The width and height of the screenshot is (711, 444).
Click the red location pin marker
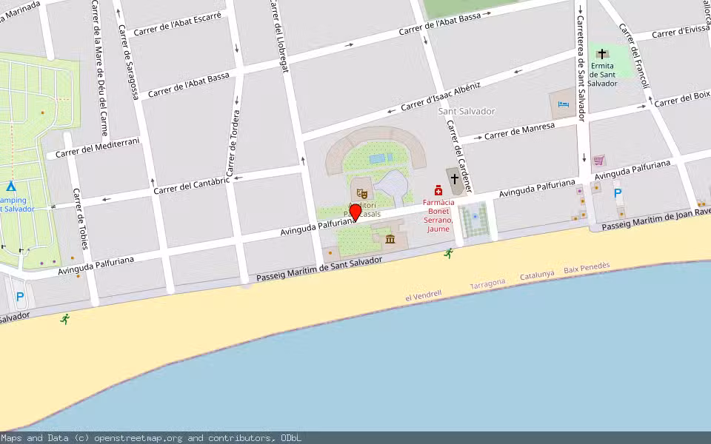tap(355, 212)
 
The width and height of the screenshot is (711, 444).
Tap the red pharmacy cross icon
tap(438, 190)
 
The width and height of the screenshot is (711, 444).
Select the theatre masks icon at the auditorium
tap(362, 194)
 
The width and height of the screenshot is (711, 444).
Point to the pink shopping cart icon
tap(598, 159)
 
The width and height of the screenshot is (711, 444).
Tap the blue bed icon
tap(564, 104)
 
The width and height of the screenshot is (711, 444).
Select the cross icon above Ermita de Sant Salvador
tap(603, 53)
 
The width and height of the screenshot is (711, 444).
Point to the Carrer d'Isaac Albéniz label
tap(441, 98)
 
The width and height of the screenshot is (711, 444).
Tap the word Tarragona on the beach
tap(487, 283)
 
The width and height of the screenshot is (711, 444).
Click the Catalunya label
tap(536, 275)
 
